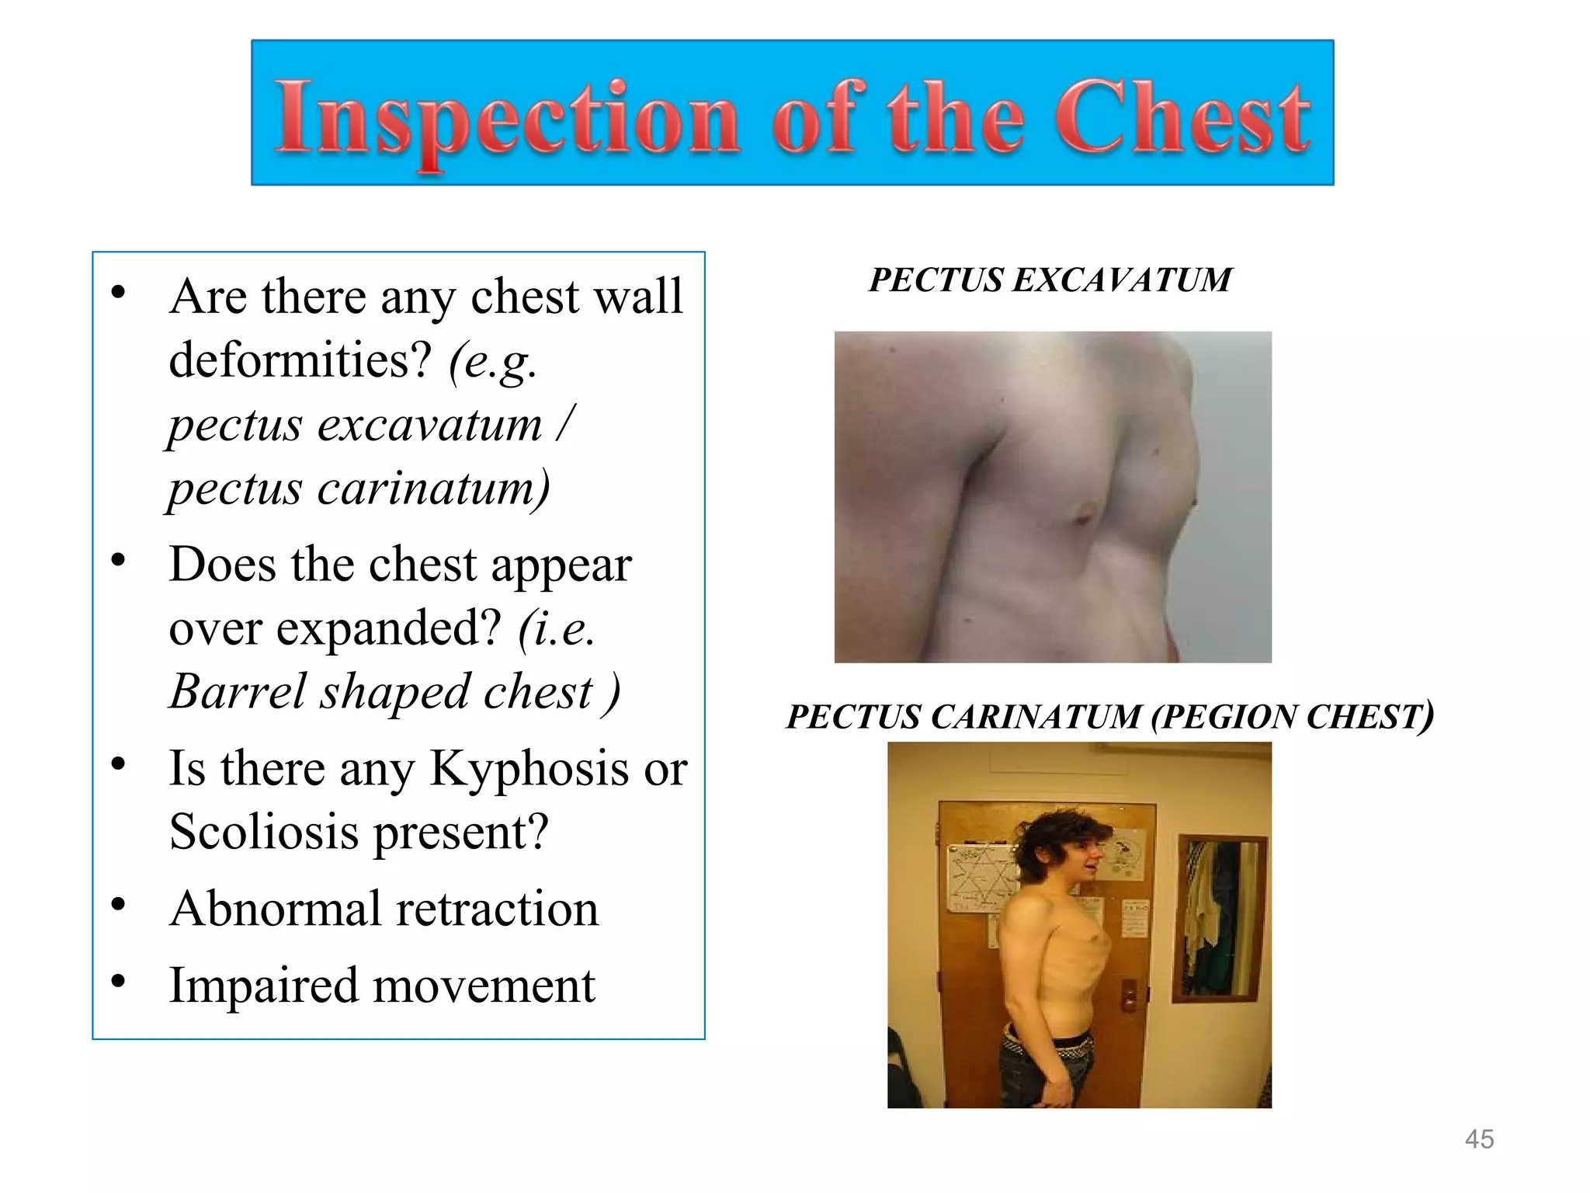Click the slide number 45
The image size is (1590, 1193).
(x=1479, y=1139)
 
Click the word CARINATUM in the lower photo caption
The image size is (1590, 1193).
(x=1036, y=716)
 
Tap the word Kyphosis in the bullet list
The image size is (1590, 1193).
(x=529, y=769)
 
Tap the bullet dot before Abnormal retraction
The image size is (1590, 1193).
(x=118, y=904)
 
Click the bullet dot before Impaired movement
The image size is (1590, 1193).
(x=118, y=981)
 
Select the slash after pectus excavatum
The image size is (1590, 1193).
(x=565, y=423)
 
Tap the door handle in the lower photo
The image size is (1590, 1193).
(x=1130, y=994)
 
